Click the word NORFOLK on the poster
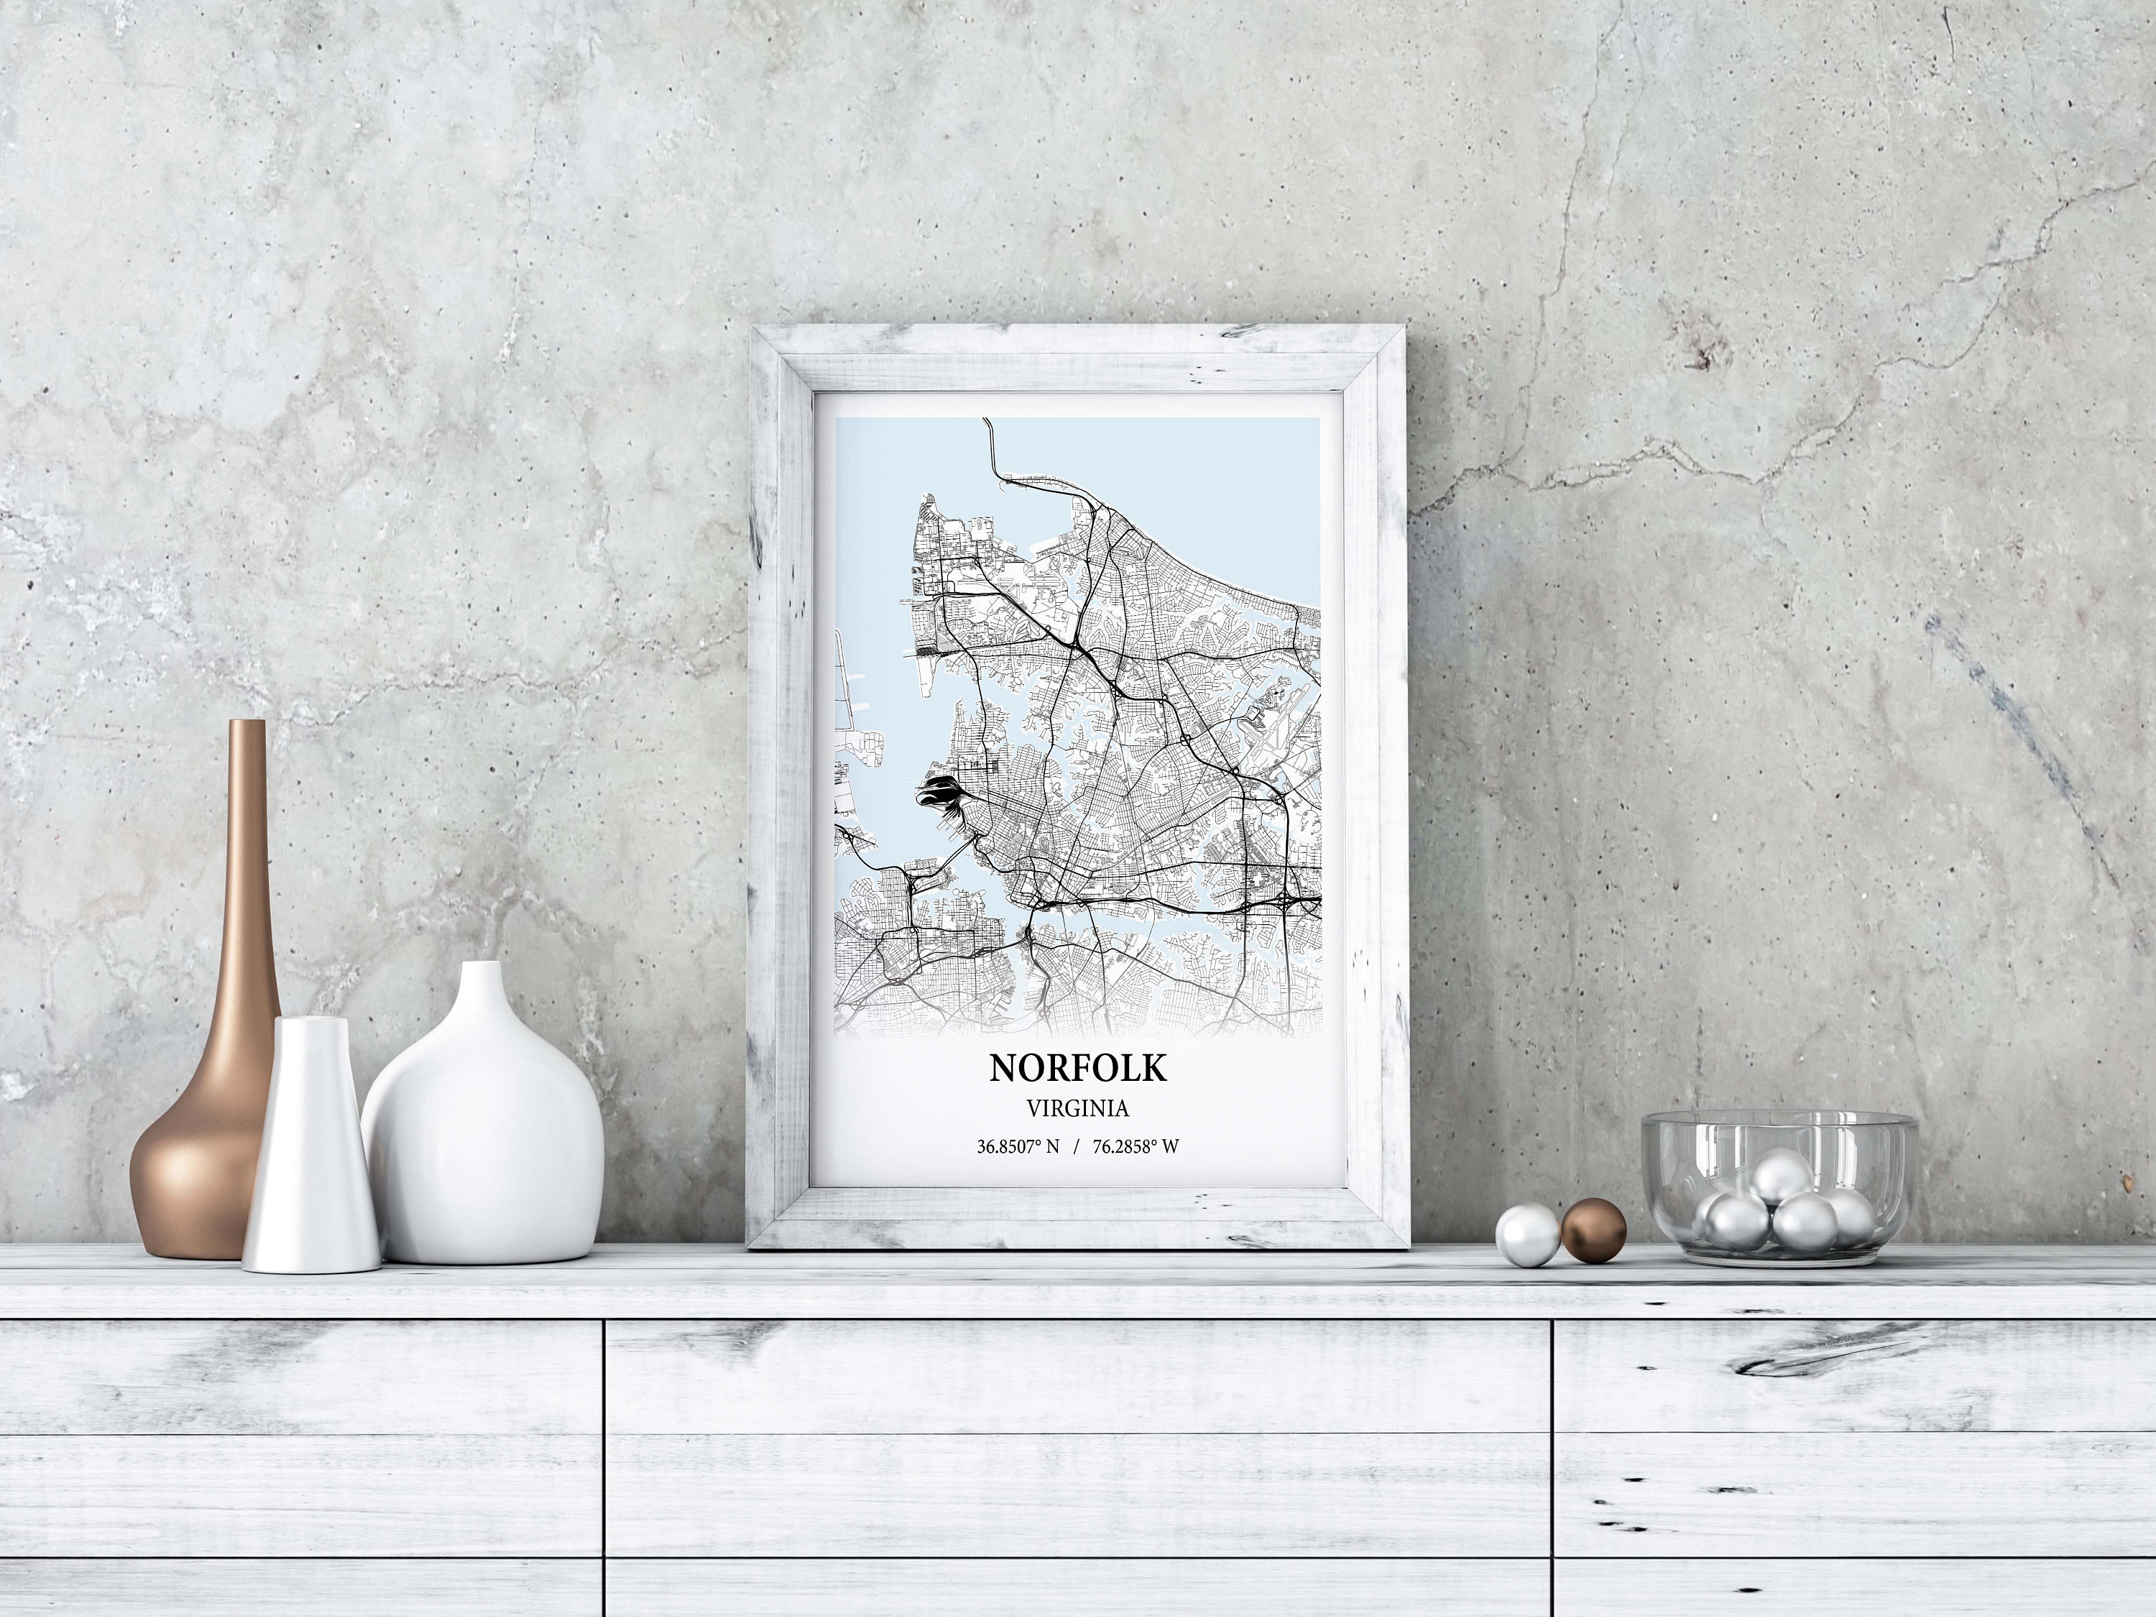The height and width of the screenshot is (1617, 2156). click(x=1077, y=1068)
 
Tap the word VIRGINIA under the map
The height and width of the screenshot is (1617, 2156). click(x=1077, y=1108)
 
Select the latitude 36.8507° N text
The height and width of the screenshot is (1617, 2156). click(x=1018, y=1147)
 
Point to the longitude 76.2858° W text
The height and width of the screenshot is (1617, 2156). click(x=1135, y=1147)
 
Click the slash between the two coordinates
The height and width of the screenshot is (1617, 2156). click(x=1076, y=1147)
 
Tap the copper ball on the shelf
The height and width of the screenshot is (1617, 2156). click(x=1593, y=1230)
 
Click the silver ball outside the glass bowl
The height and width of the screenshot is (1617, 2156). click(x=1527, y=1235)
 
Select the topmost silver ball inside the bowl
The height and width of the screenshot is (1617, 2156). click(x=1782, y=1176)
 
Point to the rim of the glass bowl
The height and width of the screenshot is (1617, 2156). click(x=1779, y=1121)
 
